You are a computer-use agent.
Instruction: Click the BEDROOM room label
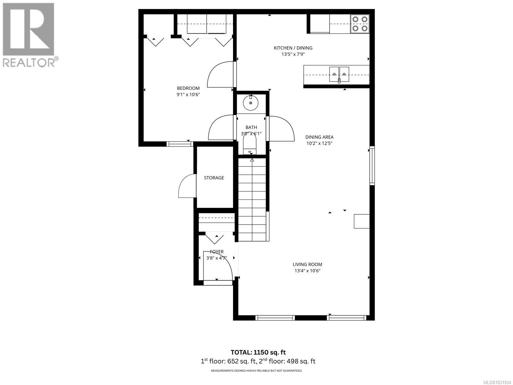188,88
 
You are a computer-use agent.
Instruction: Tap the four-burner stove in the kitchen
359,24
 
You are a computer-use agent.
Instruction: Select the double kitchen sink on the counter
339,74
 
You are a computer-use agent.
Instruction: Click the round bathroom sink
251,103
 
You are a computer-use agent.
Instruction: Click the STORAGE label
214,178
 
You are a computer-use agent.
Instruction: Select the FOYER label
217,252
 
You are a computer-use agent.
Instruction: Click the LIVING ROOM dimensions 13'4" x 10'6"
307,271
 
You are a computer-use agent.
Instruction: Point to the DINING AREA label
319,137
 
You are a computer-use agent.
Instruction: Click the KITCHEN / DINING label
293,48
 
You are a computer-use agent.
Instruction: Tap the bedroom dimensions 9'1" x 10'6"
188,95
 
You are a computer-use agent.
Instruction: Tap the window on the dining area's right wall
372,166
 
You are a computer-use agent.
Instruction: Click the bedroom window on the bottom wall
180,144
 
